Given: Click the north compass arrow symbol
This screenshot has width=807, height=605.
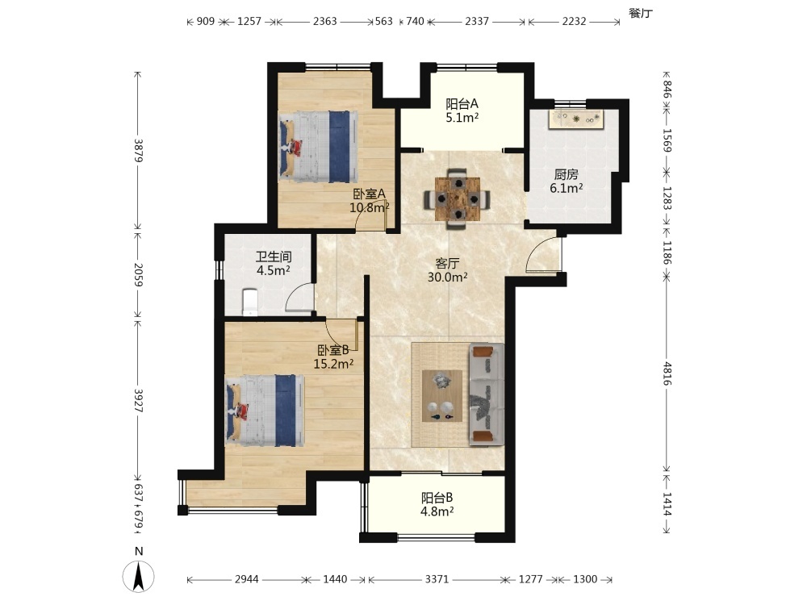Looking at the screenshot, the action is coord(139,576).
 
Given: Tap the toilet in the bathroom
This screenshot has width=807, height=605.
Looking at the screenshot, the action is coord(249,302).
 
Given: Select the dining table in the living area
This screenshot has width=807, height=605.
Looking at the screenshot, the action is coord(457,198).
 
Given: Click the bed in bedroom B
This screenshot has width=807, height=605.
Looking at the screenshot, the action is coord(265,410).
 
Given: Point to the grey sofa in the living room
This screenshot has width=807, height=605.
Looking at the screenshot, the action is coord(486,394).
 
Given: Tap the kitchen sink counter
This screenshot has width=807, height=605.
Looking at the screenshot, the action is coord(576,119).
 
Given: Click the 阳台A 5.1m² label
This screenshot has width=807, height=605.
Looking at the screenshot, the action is coord(462,111).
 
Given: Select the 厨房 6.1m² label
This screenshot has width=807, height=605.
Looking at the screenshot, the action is coord(567,181).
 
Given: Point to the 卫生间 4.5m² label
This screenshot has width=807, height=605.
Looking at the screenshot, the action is coord(274,264).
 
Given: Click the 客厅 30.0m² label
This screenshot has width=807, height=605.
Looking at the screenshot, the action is coord(447,270).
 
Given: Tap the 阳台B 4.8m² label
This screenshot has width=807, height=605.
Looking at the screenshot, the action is coord(437,505).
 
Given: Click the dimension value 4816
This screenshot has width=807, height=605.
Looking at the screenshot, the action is coord(667,373).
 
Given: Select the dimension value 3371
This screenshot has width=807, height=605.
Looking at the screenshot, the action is coord(437,579).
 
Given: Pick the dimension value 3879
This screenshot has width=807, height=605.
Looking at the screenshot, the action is coord(138,150).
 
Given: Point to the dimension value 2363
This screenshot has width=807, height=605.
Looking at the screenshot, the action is coord(324,21).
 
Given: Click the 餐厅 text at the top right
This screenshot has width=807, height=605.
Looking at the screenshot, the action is coord(641,14).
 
